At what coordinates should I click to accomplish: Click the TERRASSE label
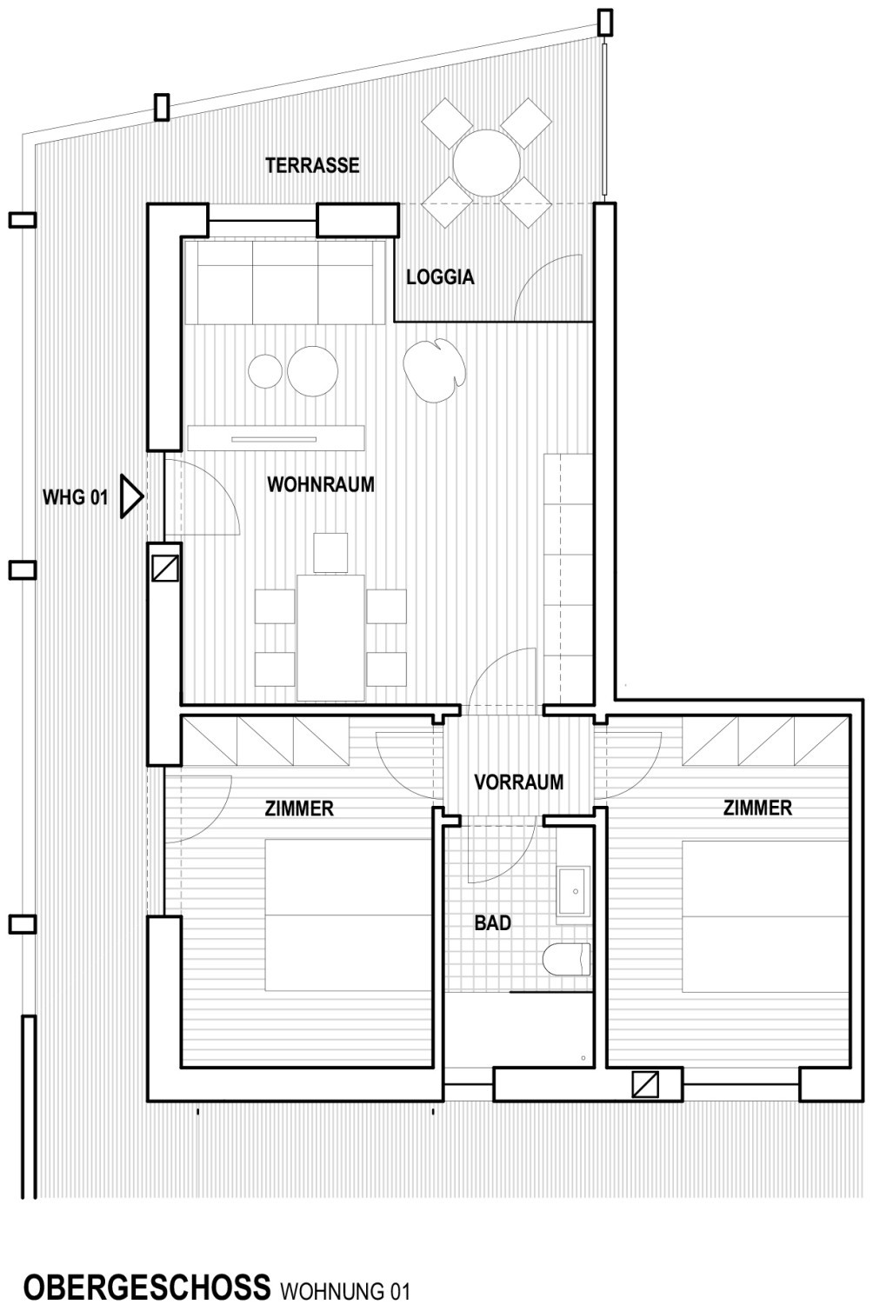click(312, 165)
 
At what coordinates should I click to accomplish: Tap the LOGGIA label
click(440, 277)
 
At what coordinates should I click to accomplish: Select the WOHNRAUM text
click(321, 484)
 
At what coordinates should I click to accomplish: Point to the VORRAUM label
click(519, 782)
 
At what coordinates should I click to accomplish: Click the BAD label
click(493, 922)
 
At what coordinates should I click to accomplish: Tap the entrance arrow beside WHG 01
click(131, 496)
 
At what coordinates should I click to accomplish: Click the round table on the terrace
click(487, 163)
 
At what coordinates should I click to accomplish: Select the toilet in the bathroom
click(567, 960)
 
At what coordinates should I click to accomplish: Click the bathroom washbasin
click(575, 891)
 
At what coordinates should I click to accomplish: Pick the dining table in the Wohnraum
click(330, 637)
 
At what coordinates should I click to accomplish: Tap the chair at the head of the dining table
click(330, 553)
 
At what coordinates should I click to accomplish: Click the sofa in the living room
click(285, 283)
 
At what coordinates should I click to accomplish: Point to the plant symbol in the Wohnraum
click(435, 370)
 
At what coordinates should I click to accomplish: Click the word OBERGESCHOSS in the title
click(147, 1286)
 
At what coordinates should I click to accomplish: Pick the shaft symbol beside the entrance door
click(165, 569)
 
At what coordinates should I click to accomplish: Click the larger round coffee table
click(312, 371)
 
